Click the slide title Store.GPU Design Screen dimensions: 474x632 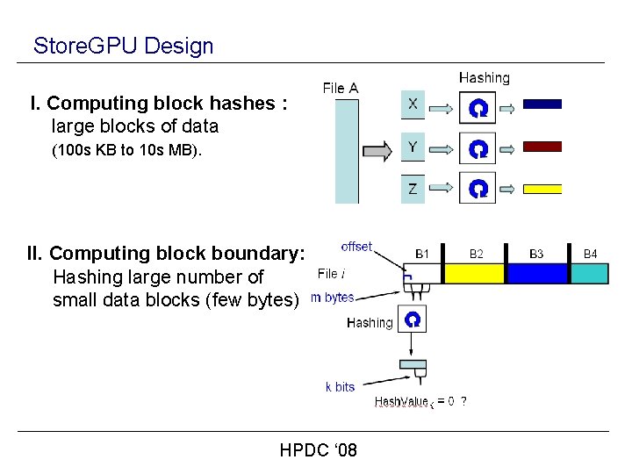pos(123,46)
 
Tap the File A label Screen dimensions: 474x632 pos(341,88)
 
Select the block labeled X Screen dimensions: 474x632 pos(413,104)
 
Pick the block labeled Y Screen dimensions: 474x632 pos(413,147)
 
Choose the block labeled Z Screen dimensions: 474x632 pos(413,188)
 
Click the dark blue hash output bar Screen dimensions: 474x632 pos(542,104)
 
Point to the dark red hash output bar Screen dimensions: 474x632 pos(542,147)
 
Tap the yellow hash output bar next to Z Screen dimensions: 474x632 pos(542,188)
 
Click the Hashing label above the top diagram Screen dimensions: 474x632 pos(484,78)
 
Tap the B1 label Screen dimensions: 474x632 pos(422,254)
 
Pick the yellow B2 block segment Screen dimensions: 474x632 pos(475,273)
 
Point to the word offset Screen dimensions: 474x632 pos(356,247)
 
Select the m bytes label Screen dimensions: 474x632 pos(333,298)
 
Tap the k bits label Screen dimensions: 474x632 pos(340,386)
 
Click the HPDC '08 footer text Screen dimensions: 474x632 pos(318,450)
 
